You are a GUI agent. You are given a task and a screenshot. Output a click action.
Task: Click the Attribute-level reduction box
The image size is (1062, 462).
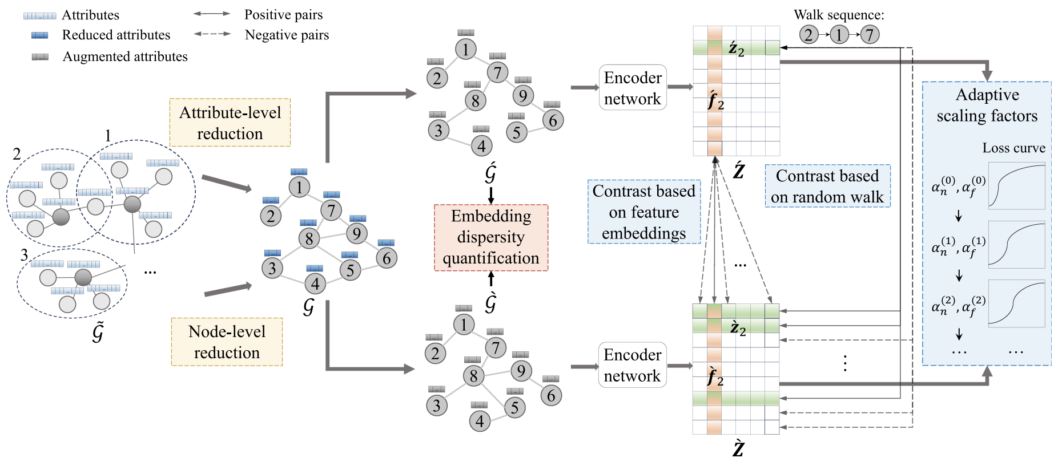pos(230,123)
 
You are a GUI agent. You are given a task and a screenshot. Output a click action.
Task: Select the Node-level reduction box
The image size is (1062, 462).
pos(227,342)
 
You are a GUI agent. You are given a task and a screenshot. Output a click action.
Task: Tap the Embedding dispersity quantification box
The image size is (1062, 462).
pos(490,237)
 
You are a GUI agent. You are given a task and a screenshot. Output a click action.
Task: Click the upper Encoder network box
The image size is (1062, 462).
pos(632,88)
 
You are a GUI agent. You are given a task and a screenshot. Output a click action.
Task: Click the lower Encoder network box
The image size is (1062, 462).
pos(632,365)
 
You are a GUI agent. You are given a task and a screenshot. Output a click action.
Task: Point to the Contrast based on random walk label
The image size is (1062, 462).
pos(827,186)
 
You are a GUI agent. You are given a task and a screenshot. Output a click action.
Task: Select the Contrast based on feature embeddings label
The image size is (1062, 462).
pos(643,212)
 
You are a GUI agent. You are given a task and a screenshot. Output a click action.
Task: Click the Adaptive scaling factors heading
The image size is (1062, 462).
pos(987,105)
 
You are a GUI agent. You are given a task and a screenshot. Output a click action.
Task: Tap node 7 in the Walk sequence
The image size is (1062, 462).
pos(869,35)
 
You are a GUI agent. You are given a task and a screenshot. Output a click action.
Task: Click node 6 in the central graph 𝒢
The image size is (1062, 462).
pos(387,258)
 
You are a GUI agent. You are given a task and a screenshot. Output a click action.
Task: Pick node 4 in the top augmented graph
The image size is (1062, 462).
pos(481,146)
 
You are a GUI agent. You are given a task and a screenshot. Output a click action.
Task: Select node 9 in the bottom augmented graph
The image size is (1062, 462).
pos(521,371)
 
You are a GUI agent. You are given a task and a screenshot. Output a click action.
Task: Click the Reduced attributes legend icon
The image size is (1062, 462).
pos(40,35)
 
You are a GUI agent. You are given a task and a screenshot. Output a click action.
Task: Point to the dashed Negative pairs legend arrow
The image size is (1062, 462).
pos(212,34)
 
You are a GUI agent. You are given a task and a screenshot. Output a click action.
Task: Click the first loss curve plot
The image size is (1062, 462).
pos(1016,186)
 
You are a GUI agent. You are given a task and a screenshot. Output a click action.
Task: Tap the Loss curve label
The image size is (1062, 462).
pos(1013,148)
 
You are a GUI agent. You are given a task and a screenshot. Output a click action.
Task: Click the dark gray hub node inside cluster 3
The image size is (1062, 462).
pos(83,277)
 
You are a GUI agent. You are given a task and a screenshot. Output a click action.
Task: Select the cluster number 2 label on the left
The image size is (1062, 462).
pos(17,154)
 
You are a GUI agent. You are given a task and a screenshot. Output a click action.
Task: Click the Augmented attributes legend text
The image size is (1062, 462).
pos(125,56)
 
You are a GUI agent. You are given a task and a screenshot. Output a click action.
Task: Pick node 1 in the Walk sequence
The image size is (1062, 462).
pos(838,35)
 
